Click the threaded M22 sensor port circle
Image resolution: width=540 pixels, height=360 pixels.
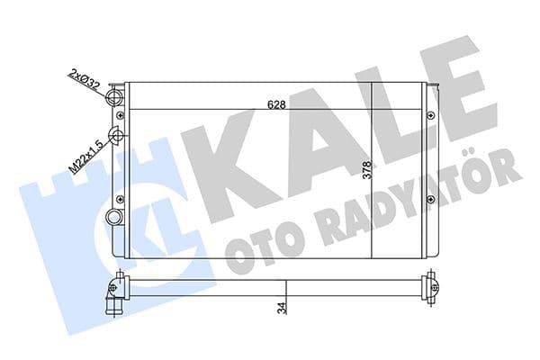(116, 137)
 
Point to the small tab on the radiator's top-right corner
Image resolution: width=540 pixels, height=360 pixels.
(436, 87)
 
